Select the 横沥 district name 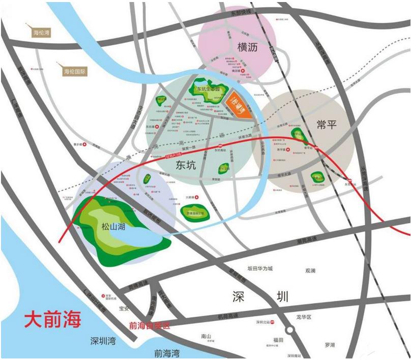(249, 48)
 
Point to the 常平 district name (326, 124)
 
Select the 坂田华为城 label (260, 268)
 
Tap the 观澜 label (310, 270)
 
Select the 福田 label (277, 340)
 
